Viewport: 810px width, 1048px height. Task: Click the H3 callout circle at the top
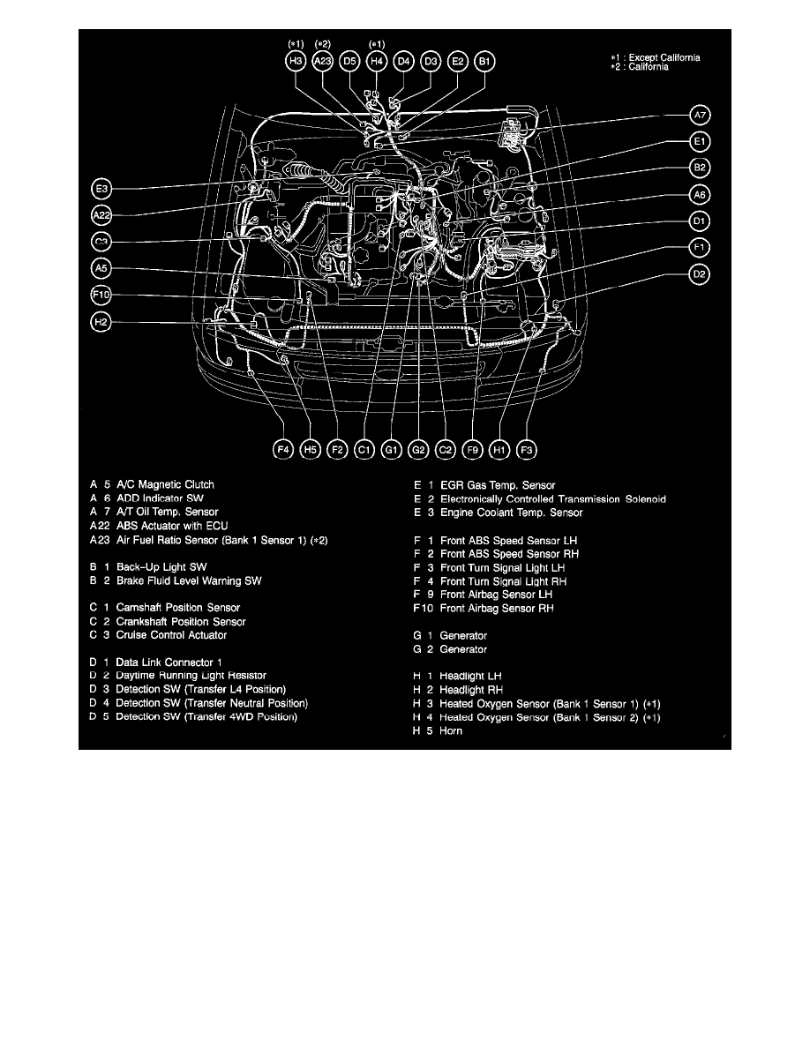[296, 61]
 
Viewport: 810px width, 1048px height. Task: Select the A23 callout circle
[323, 61]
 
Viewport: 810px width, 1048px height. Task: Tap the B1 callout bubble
[485, 61]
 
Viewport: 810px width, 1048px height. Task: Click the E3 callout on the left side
[101, 188]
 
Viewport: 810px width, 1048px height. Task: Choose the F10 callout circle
[101, 296]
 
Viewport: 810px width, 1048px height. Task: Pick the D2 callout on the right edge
[700, 274]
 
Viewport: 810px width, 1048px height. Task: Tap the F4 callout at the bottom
[283, 450]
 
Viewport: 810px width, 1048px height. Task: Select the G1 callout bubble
[392, 450]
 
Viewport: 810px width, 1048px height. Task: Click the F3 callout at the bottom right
[527, 450]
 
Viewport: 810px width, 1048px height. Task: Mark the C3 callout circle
[101, 242]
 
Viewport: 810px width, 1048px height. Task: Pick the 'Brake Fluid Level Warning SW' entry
[189, 580]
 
